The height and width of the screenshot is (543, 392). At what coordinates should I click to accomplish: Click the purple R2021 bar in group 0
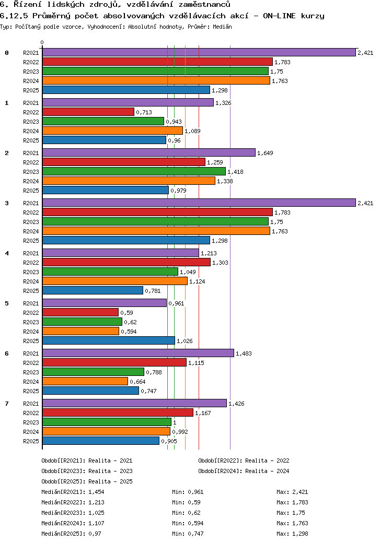coord(199,52)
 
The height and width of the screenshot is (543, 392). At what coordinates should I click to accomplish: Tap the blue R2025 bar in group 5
coord(108,340)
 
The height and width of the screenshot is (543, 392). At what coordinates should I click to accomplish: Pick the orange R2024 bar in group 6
coord(85,381)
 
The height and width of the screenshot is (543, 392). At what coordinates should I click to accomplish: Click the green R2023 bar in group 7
coord(107,422)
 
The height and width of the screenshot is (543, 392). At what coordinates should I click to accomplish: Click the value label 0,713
coord(144,112)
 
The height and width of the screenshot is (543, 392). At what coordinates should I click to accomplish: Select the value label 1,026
coord(185,341)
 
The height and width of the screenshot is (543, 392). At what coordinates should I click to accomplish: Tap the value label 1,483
coord(244,353)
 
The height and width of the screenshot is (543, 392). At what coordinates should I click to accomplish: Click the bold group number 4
coord(7,253)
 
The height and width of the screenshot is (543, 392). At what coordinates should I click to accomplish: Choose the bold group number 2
coord(7,153)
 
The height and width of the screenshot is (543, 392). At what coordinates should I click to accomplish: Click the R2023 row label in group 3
coord(31,222)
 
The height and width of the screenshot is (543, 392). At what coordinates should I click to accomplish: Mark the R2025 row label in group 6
coord(31,391)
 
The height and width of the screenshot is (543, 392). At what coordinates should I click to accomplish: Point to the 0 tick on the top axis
coord(42,42)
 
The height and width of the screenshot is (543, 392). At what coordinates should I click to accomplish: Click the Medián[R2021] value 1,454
coord(97,492)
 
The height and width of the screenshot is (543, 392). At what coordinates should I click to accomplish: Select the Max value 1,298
coord(300,534)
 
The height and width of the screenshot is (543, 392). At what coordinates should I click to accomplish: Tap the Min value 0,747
coord(195,534)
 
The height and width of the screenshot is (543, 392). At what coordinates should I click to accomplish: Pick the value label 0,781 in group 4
coord(153,291)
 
